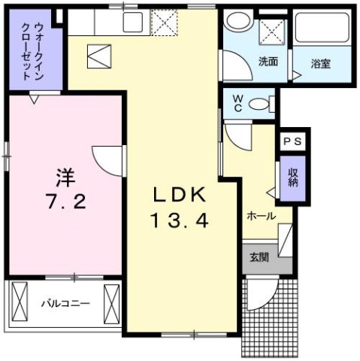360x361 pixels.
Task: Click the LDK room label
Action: [180, 194]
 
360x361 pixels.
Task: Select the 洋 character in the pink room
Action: [65, 178]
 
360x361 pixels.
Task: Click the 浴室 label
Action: [321, 64]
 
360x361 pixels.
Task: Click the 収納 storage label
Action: [292, 178]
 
